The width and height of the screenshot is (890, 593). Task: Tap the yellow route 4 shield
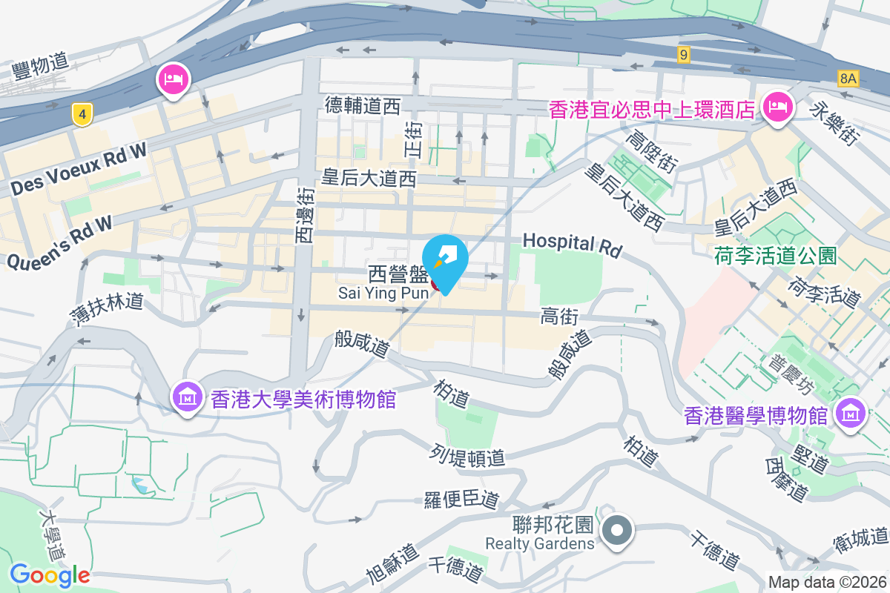pos(83,114)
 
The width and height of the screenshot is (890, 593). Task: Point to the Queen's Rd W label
pos(59,241)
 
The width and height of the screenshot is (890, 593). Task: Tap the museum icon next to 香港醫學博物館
pos(850,414)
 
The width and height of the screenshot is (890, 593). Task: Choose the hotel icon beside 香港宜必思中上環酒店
pos(777,108)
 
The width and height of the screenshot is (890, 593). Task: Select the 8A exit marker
pos(848,78)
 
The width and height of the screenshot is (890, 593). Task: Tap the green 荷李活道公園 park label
pos(775,256)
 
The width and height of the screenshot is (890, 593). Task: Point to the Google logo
pos(50,574)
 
